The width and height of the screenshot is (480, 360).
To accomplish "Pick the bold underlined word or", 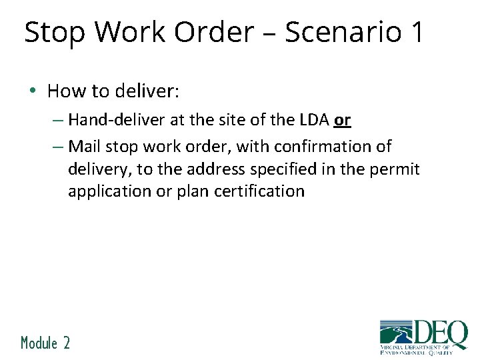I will pos(342,121).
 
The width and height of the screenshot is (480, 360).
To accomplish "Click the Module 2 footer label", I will pos(45,343).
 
